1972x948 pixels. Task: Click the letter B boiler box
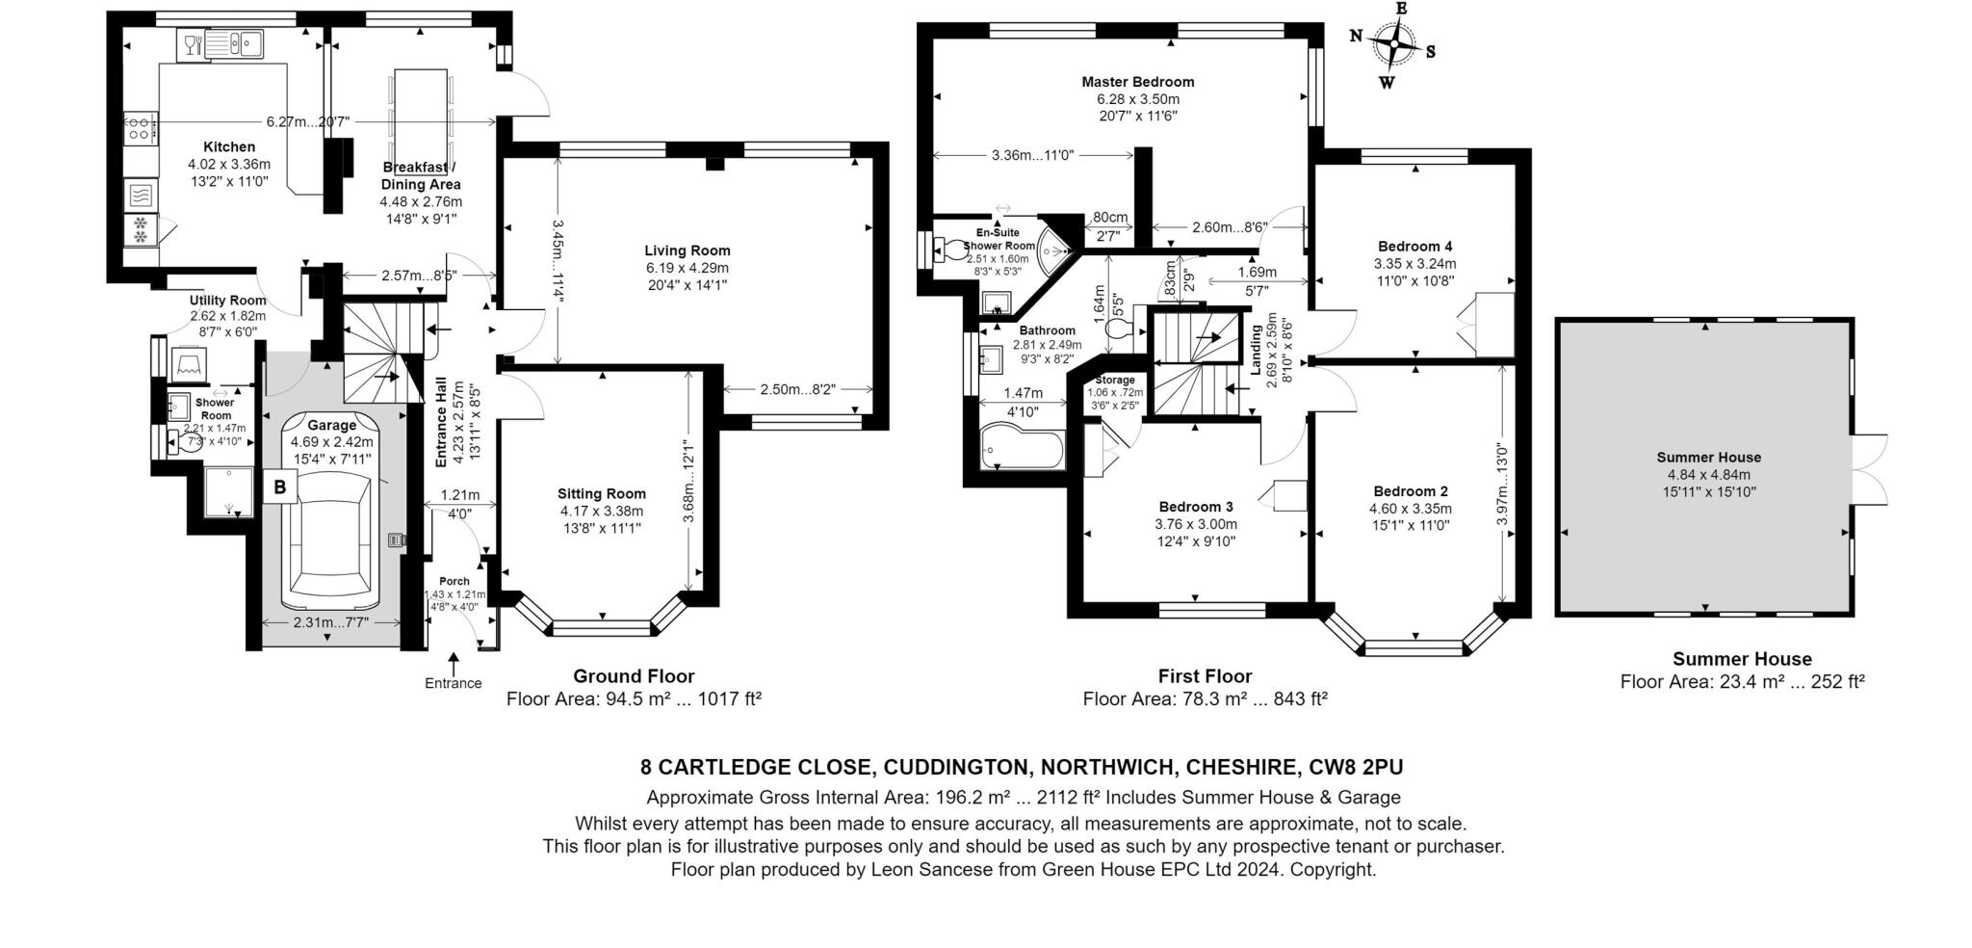280,487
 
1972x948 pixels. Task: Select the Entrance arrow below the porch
453,665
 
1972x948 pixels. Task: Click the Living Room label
687,250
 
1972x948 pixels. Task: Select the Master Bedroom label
1137,82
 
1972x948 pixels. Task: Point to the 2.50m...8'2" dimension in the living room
797,389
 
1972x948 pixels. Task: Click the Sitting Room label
602,494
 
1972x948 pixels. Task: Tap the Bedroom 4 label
1414,246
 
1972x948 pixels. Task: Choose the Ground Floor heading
633,676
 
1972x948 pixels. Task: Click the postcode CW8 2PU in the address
1356,768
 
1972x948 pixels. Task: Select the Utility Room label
227,301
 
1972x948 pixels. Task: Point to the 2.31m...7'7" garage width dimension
330,623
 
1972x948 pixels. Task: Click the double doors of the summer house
1868,470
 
